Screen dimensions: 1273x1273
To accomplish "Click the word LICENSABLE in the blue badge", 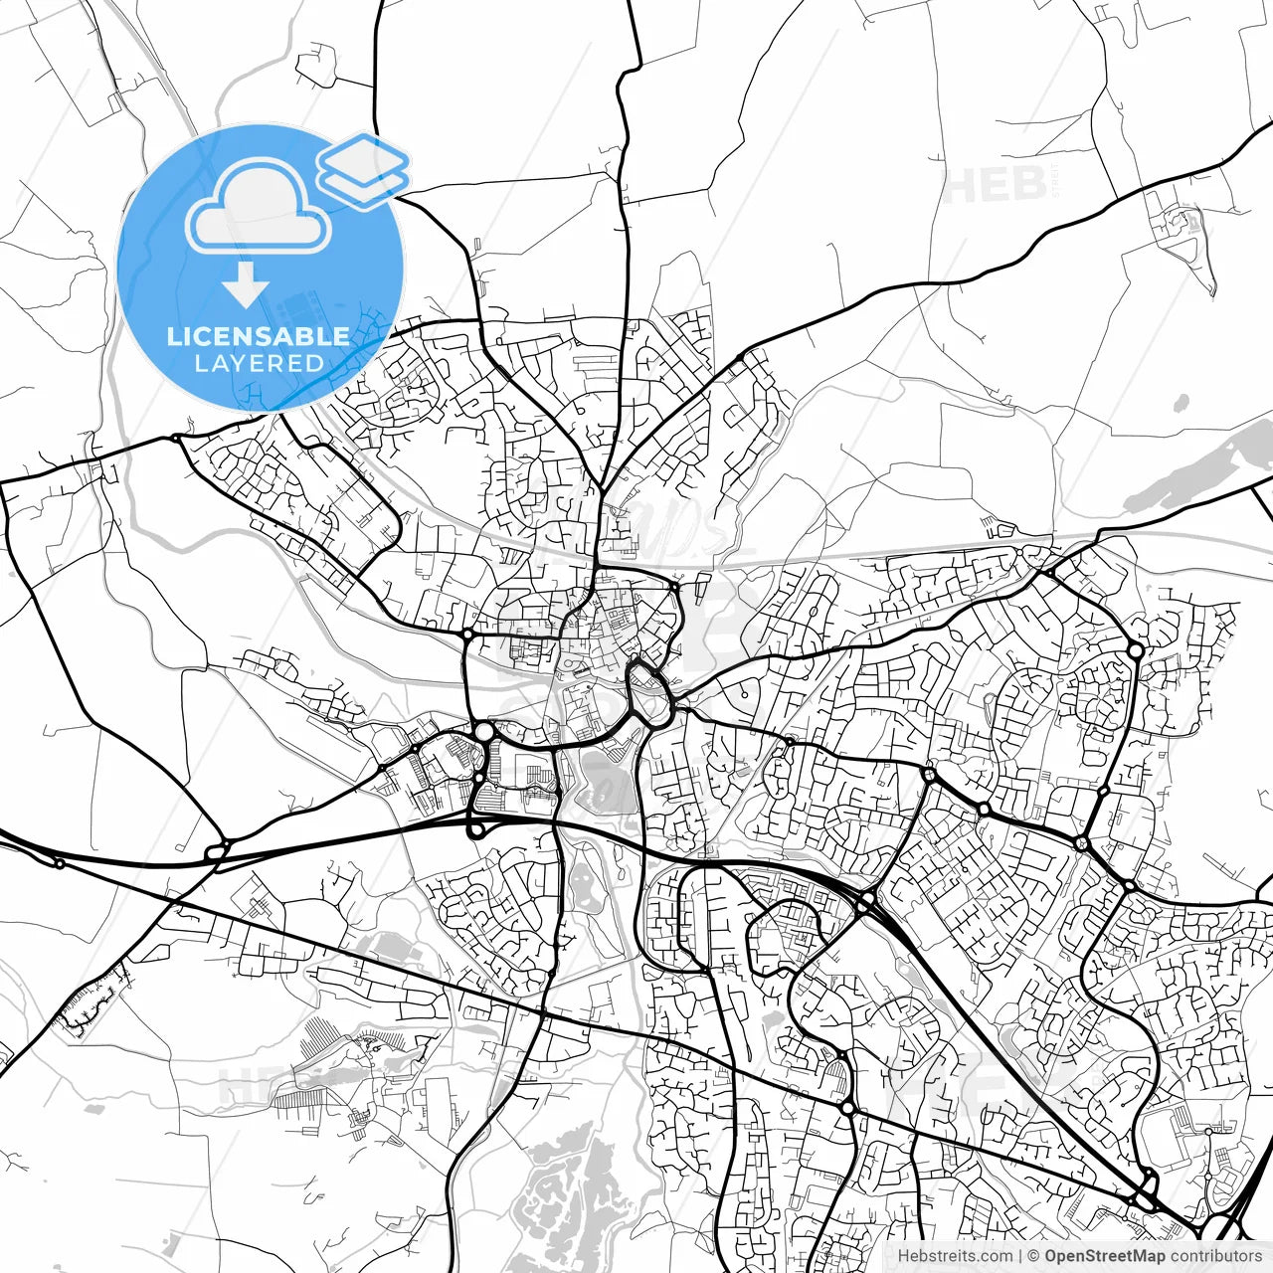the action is pos(259,336).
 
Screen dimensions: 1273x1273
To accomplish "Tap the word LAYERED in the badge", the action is pos(259,363).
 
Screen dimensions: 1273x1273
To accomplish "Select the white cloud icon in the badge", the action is pos(259,209).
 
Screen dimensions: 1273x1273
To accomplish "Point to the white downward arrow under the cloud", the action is pos(246,288).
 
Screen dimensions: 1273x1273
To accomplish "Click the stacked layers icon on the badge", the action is pos(363,169).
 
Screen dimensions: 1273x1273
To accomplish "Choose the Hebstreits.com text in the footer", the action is pos(955,1256).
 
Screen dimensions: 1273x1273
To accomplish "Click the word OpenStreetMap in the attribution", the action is pos(1104,1256).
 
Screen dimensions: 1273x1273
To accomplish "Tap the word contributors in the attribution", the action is pos(1215,1256).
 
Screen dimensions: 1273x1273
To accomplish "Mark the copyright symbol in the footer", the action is pos(1033,1256).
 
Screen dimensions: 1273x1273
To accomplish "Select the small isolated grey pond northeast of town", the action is pos(1181,404).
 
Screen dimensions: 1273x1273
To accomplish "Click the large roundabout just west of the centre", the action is pos(483,732).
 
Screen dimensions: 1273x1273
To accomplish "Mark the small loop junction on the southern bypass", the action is pos(476,828).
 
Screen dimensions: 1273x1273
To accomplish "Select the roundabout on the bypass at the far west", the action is pos(216,851).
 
